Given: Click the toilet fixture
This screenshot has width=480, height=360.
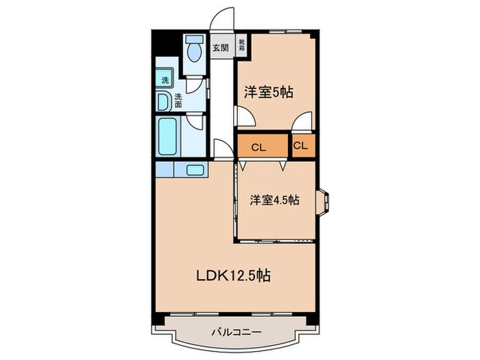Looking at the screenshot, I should (193, 49).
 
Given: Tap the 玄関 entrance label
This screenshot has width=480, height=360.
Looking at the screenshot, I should (220, 47).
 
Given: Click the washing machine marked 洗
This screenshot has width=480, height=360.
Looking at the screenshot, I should (165, 80).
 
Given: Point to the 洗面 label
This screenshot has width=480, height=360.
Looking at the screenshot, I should (178, 100).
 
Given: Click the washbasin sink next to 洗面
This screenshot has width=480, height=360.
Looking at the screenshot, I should (163, 102).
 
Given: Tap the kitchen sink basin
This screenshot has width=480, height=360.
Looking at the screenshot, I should (195, 169).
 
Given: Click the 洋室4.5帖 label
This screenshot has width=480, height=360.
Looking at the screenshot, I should (274, 200).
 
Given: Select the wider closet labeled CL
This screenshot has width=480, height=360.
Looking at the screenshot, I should (259, 147).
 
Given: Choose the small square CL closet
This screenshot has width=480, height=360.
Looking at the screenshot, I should (302, 146).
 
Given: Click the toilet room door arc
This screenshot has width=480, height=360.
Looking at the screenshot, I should (197, 86).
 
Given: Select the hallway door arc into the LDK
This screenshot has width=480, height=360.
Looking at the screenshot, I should (222, 149).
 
